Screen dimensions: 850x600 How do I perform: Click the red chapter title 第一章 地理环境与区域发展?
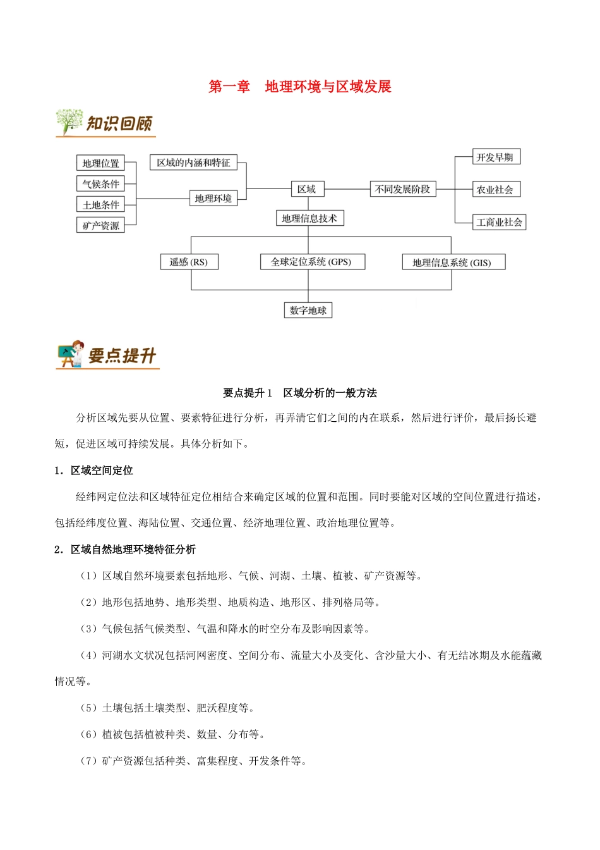300,87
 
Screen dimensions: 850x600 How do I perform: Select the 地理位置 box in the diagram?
100,163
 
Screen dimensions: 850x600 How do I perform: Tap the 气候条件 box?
100,184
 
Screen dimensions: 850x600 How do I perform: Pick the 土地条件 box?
100,205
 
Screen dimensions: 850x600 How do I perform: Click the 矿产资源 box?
100,225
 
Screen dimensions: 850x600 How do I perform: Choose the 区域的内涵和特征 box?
193,163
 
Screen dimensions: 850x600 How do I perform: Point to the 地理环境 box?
213,199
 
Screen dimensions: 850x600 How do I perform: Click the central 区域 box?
306,189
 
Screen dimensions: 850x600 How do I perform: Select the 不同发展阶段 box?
402,189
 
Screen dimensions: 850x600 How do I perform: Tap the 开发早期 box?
496,157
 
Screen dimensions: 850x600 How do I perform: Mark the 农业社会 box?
496,190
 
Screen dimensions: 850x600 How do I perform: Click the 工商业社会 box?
499,222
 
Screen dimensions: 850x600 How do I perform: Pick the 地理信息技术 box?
309,218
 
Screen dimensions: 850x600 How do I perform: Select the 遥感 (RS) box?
189,262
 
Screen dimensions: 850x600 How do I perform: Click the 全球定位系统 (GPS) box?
311,262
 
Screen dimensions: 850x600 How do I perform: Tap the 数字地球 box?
308,310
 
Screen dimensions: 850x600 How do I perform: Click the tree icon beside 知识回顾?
69,121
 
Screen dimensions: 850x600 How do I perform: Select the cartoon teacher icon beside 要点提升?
71,354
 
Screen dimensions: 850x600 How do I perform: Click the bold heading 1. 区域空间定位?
94,471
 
